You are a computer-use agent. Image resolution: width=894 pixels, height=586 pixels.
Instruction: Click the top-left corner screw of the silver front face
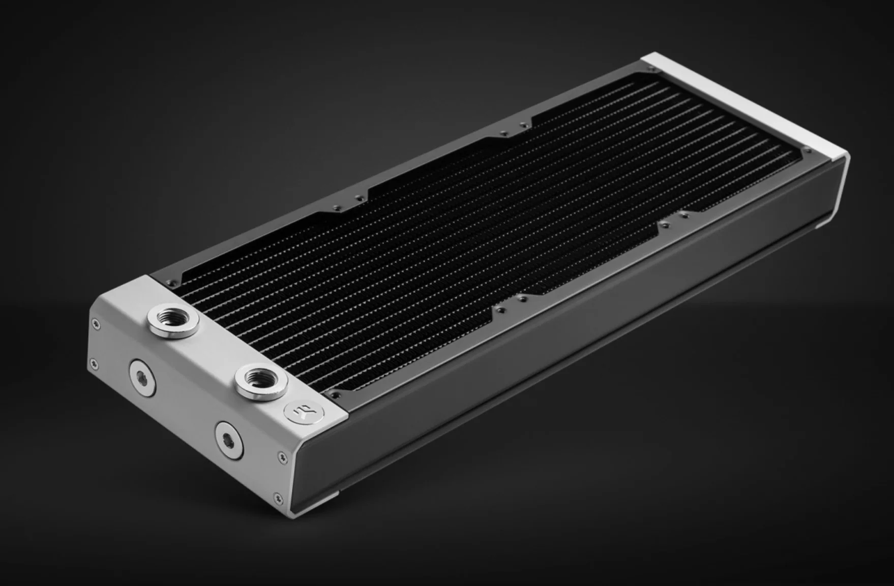[94, 322]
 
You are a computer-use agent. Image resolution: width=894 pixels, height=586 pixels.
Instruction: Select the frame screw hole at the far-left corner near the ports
[177, 279]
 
